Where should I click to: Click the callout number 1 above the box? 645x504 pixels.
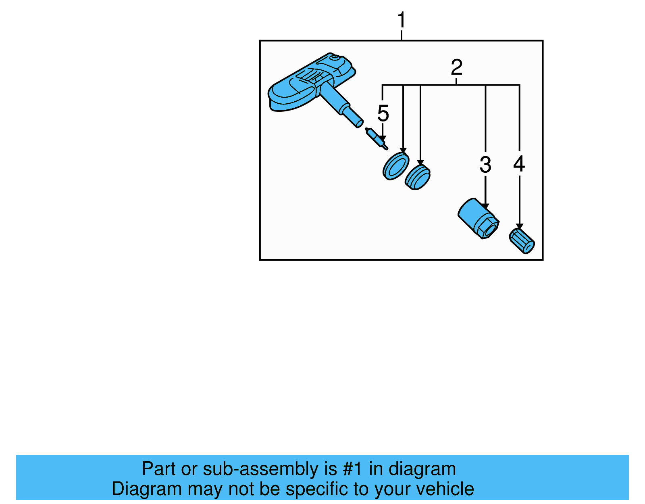pos(401,20)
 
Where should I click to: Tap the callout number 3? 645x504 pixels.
pos(486,164)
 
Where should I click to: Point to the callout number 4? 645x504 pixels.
pos(519,164)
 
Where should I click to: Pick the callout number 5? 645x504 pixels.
pos(383,113)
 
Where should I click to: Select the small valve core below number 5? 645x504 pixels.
pos(377,139)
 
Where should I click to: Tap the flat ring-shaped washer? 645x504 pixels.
pos(396,166)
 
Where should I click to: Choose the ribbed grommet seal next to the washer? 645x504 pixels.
pos(418,177)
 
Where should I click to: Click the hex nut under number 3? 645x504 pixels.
pos(479,218)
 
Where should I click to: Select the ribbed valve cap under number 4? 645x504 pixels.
pos(522,241)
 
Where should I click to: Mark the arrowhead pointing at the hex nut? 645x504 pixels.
pos(485,206)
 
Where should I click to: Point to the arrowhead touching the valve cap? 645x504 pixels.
pos(520,226)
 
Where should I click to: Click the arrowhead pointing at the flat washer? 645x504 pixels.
pos(403,150)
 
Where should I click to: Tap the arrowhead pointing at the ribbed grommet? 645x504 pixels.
pos(420,162)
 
